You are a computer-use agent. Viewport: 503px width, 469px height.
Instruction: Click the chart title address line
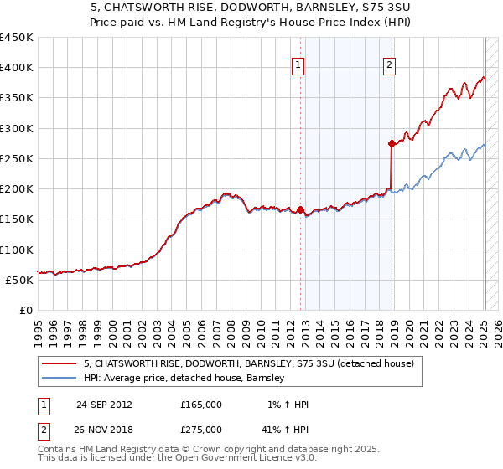251,8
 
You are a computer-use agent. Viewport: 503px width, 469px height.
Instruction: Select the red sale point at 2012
301,210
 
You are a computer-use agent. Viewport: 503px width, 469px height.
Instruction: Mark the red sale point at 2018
392,144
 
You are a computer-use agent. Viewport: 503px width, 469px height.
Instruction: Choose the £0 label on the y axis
26,310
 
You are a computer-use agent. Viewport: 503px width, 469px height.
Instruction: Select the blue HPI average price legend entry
184,378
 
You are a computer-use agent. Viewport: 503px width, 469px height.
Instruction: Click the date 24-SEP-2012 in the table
104,405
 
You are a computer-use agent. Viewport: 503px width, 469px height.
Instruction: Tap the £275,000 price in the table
201,430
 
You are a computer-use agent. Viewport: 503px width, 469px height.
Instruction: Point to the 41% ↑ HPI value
285,430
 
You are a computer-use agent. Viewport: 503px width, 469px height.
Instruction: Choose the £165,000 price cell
201,405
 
